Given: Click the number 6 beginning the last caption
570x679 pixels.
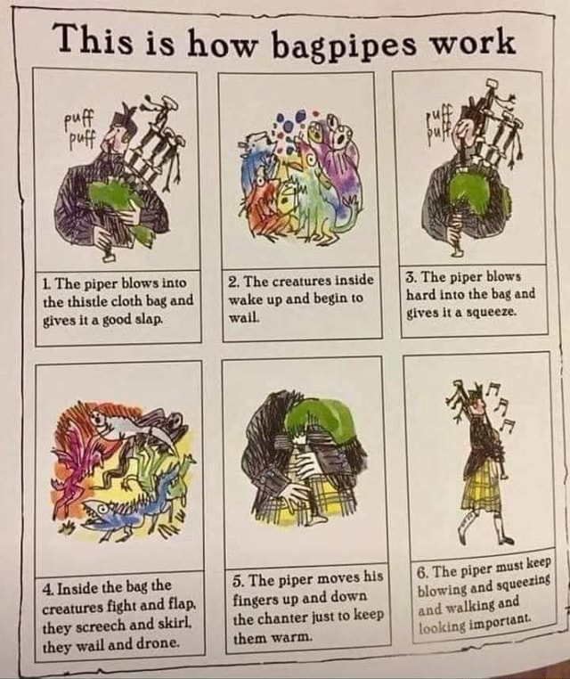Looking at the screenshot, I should pos(422,570).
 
